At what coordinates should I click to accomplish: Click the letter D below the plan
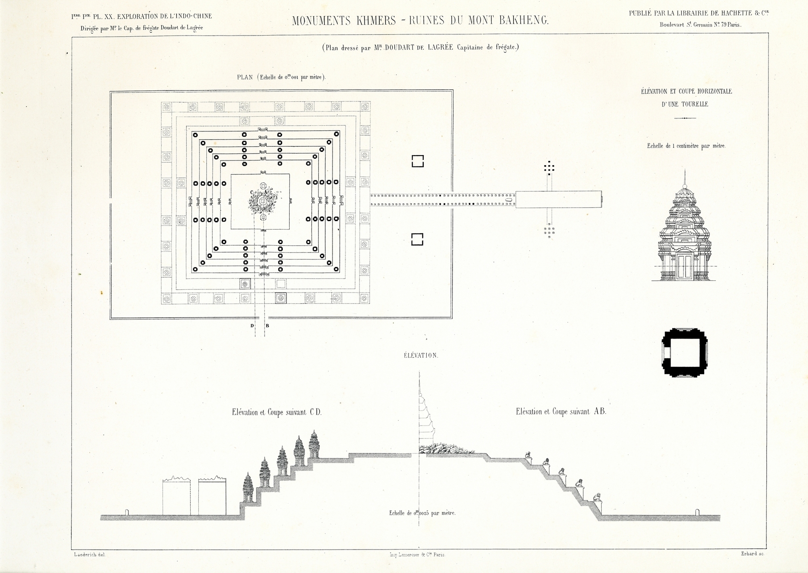(x=252, y=326)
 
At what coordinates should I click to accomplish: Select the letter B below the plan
(x=267, y=326)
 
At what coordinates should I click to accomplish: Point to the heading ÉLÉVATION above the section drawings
(x=421, y=356)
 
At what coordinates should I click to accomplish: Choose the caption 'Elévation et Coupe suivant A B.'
(x=561, y=412)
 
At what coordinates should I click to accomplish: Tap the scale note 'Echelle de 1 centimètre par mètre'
(x=686, y=146)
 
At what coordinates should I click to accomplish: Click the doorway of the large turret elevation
(x=684, y=267)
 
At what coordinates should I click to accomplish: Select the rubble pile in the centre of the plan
(x=263, y=200)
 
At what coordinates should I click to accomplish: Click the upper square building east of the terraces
(x=417, y=161)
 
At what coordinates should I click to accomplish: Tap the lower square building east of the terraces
(x=417, y=239)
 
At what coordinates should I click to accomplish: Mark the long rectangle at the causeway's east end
(x=559, y=199)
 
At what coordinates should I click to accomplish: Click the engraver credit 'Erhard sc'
(x=752, y=554)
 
